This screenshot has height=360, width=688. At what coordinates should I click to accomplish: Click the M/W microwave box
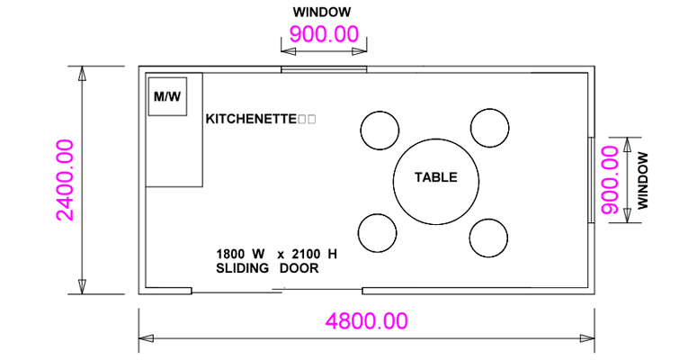[x=167, y=95]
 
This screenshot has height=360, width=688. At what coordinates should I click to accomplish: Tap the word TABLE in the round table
[x=435, y=177]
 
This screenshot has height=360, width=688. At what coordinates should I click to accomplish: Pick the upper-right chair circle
[x=489, y=129]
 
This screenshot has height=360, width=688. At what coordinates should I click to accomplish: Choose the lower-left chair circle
[x=377, y=233]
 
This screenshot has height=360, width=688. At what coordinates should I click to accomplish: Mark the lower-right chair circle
[x=487, y=238]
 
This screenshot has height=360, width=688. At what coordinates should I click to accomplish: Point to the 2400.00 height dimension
[x=66, y=180]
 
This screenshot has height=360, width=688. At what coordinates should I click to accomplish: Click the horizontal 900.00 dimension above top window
[x=323, y=35]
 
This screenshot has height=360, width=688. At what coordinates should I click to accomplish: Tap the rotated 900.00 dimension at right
[x=611, y=179]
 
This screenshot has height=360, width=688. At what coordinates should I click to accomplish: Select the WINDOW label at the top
[x=322, y=13]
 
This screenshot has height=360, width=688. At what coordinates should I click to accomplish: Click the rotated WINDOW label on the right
[x=642, y=180]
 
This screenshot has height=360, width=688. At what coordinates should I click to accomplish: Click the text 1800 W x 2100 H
[x=276, y=254]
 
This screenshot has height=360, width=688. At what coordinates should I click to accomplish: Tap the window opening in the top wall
[x=324, y=68]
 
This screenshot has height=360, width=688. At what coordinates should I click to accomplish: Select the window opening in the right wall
[x=591, y=179]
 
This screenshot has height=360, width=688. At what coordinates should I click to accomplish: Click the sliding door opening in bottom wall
[x=277, y=290]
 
